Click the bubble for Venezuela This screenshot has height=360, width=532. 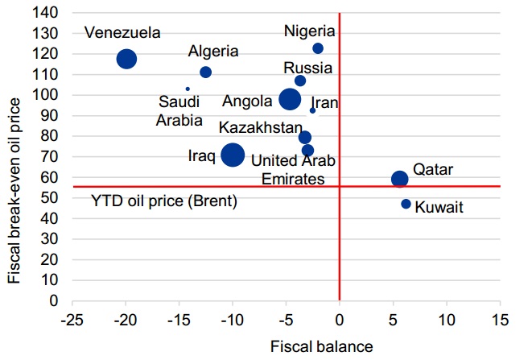pos(126,59)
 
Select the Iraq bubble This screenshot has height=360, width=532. pos(233,155)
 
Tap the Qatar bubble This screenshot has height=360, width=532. pos(399,179)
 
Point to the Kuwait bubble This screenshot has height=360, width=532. pos(406,204)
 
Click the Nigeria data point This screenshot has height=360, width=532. pos(318,48)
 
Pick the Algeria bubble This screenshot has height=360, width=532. pos(205,72)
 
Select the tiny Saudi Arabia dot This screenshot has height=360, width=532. pos(188,89)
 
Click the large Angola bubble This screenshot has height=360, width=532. pos(291,99)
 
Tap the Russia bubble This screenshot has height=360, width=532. pos(300,81)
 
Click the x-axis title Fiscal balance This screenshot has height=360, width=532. pos(322,346)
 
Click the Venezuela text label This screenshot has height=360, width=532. pos(122,33)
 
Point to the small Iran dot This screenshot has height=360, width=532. pos(312,110)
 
